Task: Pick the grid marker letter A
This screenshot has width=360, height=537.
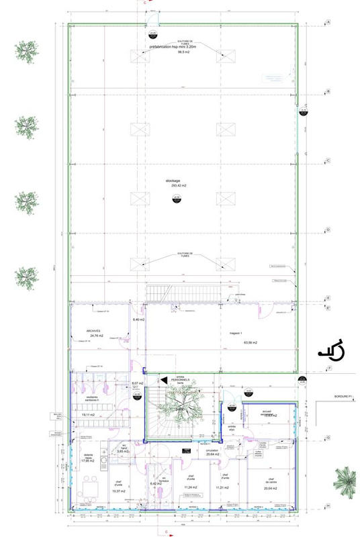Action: tap(328, 22)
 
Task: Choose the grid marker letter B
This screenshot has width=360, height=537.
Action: tap(328, 91)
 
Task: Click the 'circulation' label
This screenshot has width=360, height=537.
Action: tap(214, 450)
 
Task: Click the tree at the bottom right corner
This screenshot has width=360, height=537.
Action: tap(347, 481)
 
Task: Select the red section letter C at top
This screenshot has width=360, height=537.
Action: tap(146, 3)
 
